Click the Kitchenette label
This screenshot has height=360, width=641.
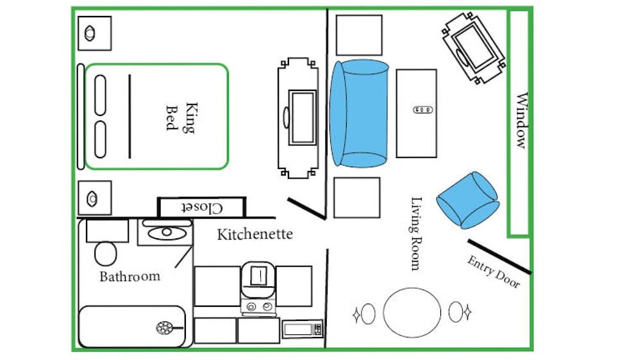pos(254,234)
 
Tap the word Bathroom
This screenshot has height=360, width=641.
pos(130,276)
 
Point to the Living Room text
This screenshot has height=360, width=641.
pos(416,233)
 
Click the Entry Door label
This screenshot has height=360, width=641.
pos(494,272)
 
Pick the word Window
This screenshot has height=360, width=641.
pos(522,120)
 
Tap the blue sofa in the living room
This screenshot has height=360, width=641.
pos(359,113)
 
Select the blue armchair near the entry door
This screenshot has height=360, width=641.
pos(468,200)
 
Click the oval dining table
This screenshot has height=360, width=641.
pos(412,313)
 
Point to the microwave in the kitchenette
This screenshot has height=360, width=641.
pos(303,329)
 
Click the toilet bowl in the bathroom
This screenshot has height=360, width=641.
pos(106,254)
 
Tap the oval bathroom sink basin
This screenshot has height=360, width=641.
pos(167,233)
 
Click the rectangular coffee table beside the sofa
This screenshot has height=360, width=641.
pos(417,113)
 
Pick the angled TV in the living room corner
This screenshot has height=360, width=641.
pos(474,48)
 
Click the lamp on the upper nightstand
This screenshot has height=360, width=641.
pos(90,33)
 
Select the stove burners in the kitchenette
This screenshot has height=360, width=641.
pos(259,306)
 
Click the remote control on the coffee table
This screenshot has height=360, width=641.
pos(422,110)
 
